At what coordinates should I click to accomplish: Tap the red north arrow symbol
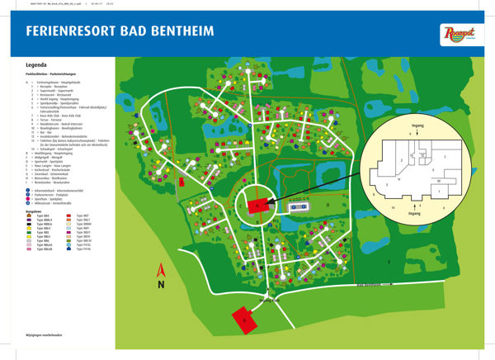click(x=162, y=268)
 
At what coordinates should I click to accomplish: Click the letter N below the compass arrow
click(x=163, y=284)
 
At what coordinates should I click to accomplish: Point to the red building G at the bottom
click(x=242, y=318)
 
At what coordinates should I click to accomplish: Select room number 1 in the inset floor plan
click(x=441, y=192)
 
